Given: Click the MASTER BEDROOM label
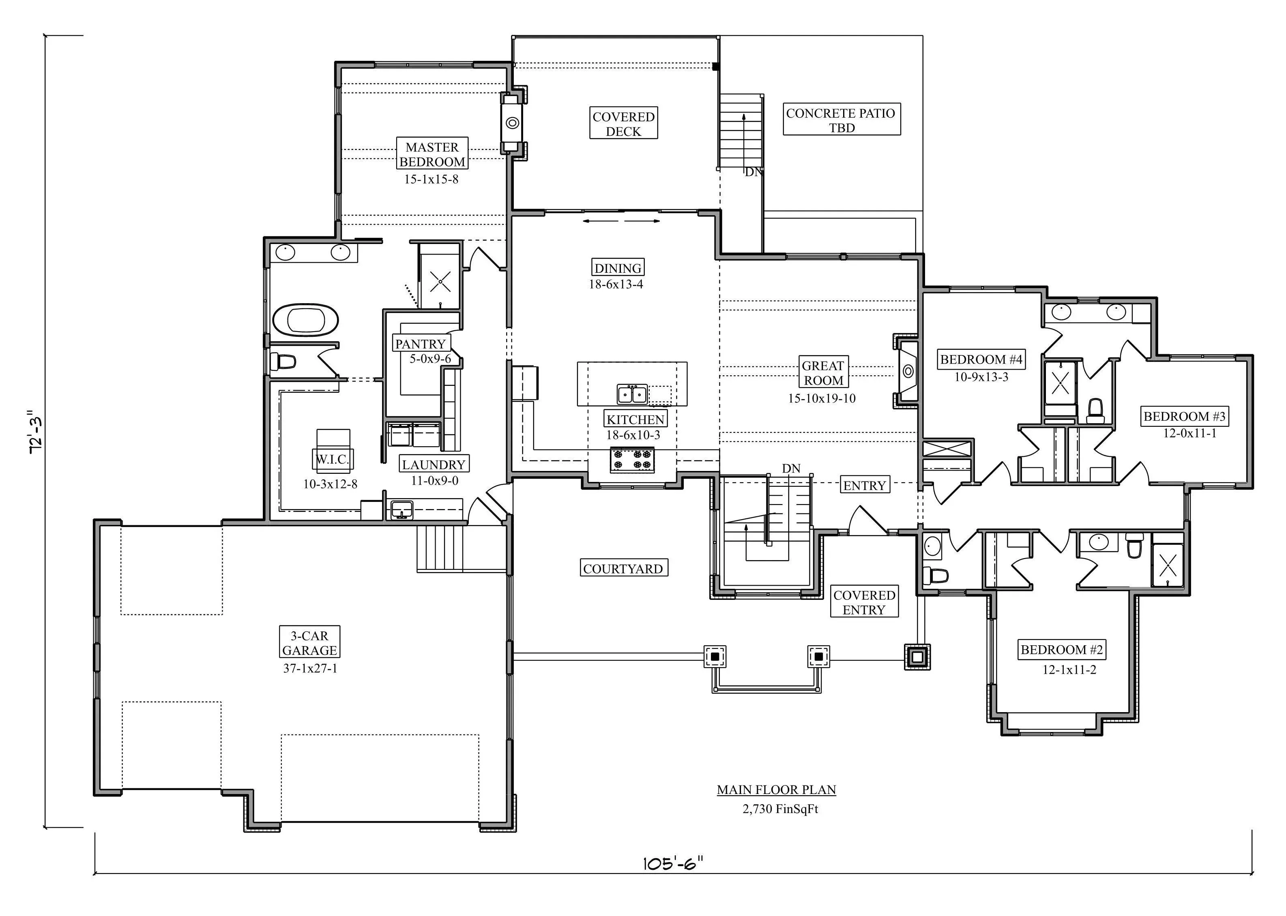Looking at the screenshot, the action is coord(432,154).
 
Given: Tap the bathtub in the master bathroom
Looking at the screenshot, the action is coord(306,320).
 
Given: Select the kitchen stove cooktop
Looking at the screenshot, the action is coord(632,459).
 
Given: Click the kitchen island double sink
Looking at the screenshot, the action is coord(632,394).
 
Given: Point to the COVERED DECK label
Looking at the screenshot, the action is coord(623,124).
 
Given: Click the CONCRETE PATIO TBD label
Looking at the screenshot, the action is coord(842,120).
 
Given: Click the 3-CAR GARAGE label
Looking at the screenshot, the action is coord(310,642).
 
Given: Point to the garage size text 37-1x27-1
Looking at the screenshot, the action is coord(310,668).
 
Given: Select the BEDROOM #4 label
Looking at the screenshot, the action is coord(981,359).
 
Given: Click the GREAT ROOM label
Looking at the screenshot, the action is coord(823,373).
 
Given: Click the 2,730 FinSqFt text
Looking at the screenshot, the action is coord(780,809).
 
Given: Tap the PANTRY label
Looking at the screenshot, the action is coord(421,344).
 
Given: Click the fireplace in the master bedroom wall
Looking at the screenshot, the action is coord(512,122).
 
